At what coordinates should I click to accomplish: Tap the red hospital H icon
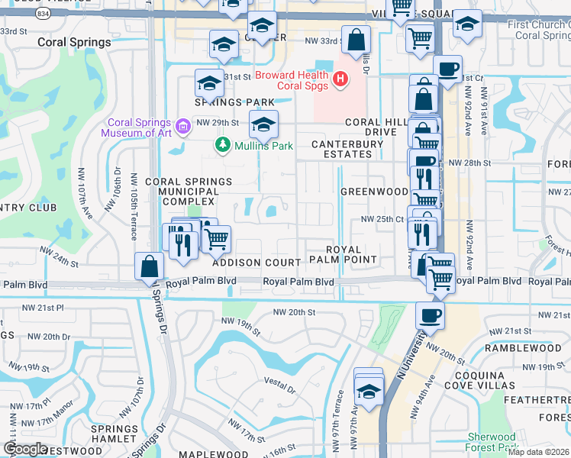(x=341, y=78)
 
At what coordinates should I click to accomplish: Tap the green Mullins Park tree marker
(x=223, y=144)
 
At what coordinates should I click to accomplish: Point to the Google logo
(x=25, y=449)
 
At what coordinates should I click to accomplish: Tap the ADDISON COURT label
(x=256, y=263)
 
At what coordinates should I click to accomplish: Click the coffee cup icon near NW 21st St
(x=430, y=315)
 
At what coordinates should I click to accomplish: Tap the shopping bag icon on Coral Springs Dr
(x=149, y=267)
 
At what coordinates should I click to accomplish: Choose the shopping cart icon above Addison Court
(x=217, y=239)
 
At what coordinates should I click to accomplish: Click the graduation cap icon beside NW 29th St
(x=263, y=124)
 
